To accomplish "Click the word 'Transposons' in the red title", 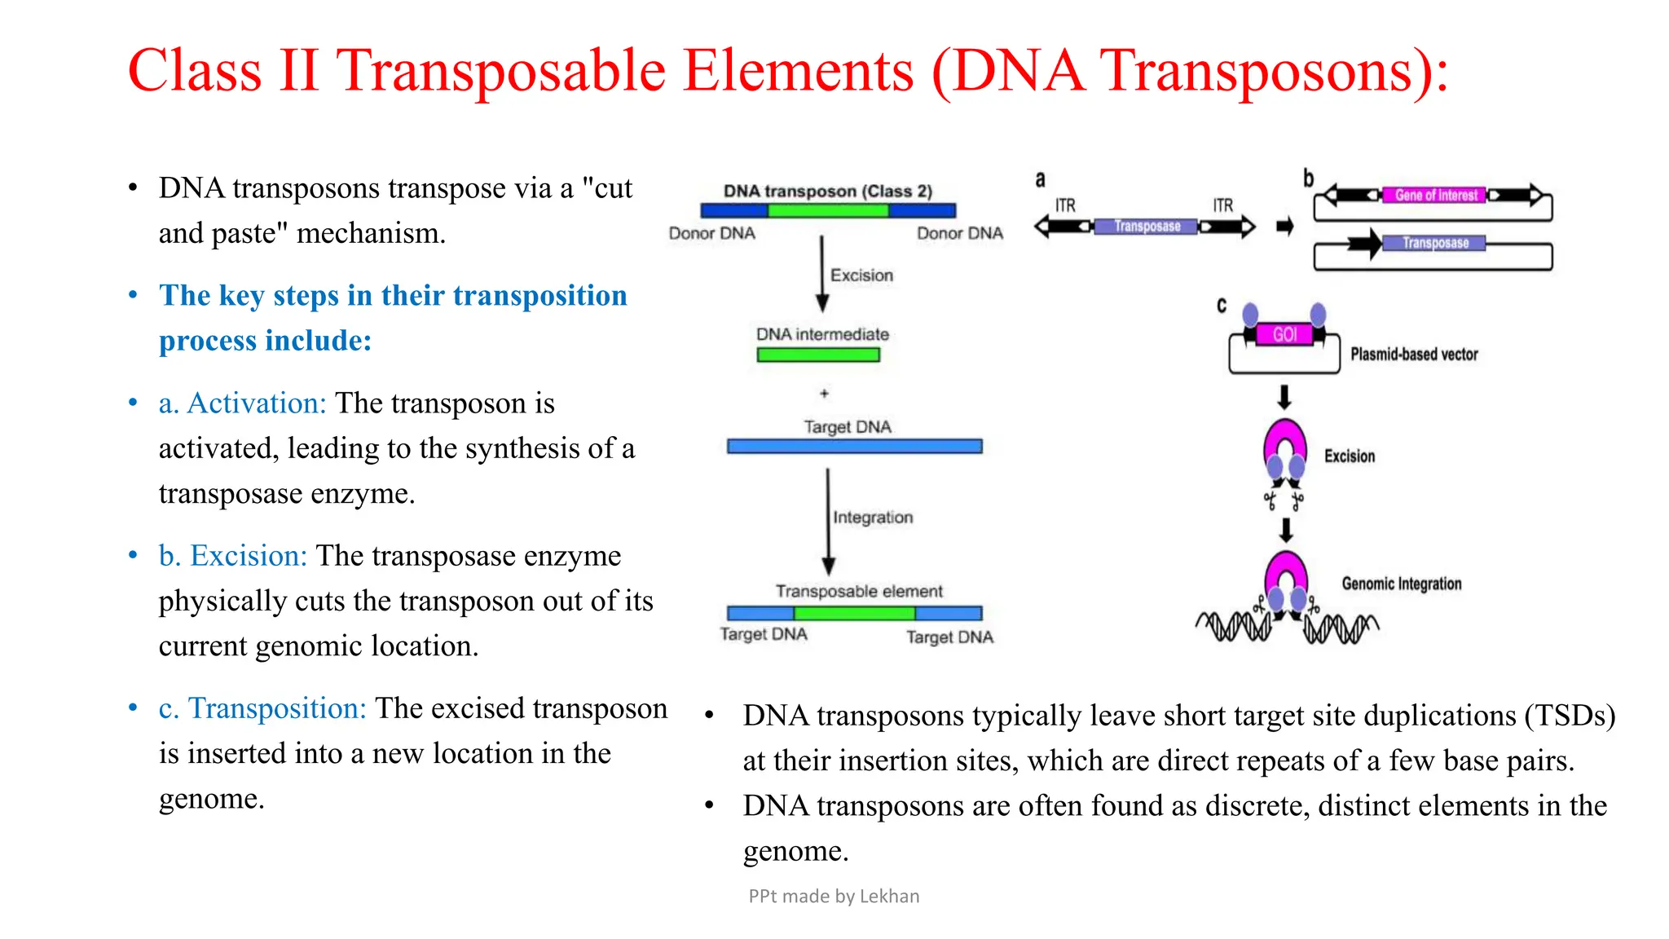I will (x=1260, y=72).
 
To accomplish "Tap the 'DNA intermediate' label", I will (x=822, y=334).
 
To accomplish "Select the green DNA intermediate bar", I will (x=818, y=355).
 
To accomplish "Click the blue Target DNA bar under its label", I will (x=854, y=447).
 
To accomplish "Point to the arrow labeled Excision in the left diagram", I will (x=822, y=274).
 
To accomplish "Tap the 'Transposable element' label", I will (x=859, y=591).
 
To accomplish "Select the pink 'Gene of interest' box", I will (x=1435, y=196).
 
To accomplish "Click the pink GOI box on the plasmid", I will (x=1284, y=334).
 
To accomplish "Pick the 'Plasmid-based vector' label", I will (x=1414, y=355).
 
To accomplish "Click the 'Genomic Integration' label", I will (x=1402, y=584).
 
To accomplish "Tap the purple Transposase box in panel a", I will (x=1147, y=227).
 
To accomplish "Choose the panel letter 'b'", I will (x=1308, y=179).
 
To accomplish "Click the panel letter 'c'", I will (x=1222, y=306).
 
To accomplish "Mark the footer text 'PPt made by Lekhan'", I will (x=834, y=897).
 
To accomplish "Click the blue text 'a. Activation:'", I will (x=242, y=403).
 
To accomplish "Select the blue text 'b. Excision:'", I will (x=232, y=556).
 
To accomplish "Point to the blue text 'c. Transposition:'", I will (x=262, y=708).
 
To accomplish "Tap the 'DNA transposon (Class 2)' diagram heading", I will (x=827, y=191).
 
